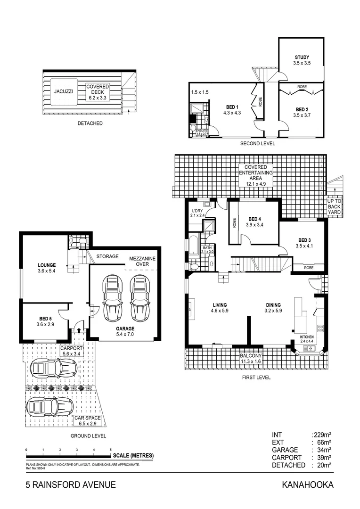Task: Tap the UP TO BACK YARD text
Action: pos(334,206)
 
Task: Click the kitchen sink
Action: pos(311,348)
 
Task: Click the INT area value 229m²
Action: pos(322,435)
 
